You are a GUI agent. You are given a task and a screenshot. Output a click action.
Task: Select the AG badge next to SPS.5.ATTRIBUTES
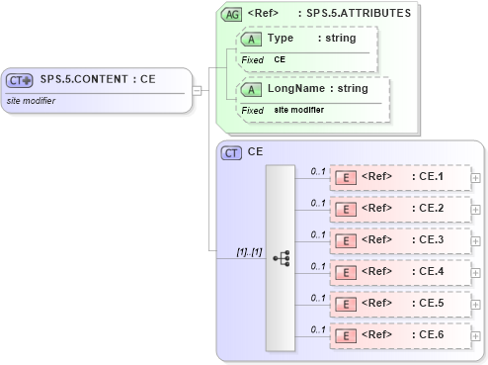[x=231, y=14]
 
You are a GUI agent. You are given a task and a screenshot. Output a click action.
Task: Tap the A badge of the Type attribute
[x=251, y=39]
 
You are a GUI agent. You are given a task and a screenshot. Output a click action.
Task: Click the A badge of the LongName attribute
[x=251, y=89]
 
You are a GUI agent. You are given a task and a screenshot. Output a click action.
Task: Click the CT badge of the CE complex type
[x=231, y=152]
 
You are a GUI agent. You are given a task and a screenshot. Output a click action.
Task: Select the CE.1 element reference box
[x=400, y=177]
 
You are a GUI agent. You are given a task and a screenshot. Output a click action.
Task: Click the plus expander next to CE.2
[x=477, y=209]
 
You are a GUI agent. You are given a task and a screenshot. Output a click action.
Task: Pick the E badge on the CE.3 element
[x=346, y=240]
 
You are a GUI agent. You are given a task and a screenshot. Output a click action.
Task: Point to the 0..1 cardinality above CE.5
[x=317, y=296]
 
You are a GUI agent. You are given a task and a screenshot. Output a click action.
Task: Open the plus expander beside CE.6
[x=477, y=335]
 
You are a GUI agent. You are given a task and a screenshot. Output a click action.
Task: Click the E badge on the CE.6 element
[x=346, y=335]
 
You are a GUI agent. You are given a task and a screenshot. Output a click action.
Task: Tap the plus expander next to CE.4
[x=477, y=272]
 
